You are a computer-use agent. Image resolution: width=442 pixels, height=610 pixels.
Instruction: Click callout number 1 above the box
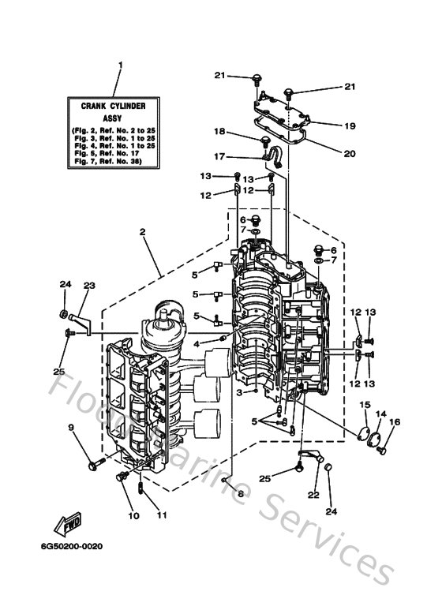[121, 65]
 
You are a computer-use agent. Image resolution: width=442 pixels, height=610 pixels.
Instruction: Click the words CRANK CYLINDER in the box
[121, 103]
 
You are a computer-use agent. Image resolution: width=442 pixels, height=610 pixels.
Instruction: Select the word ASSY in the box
[121, 114]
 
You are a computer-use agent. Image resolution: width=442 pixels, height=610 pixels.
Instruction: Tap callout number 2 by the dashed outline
[143, 233]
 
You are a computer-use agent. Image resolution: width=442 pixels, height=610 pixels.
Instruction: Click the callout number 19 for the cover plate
[350, 125]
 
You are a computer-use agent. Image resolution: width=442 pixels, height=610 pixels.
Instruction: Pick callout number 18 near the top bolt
[220, 132]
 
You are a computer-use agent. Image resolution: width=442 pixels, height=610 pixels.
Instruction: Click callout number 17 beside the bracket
[220, 156]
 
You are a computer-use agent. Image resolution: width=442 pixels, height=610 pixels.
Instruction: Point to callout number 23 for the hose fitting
[88, 286]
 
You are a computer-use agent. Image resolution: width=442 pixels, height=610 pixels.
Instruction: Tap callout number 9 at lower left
[70, 428]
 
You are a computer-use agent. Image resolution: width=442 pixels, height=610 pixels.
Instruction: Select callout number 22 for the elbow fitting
[313, 495]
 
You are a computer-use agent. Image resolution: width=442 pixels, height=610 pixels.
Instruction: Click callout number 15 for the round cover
[365, 405]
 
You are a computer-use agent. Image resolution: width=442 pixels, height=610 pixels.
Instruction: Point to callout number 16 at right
[395, 423]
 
